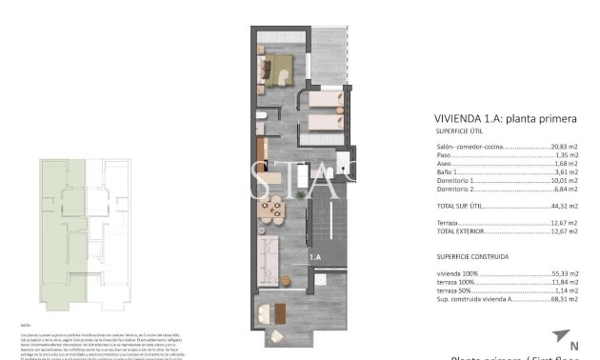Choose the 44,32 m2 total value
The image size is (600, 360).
(564, 206)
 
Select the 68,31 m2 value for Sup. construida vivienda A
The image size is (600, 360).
(564, 297)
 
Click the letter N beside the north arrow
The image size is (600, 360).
(573, 346)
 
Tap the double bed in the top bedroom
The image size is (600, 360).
(278, 70)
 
